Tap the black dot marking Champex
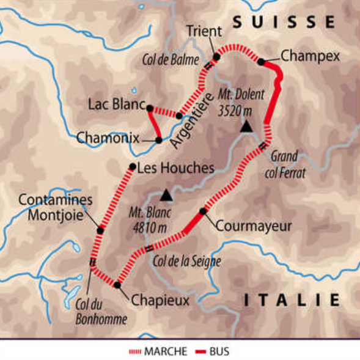click(261, 61)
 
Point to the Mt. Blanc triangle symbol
click(166, 196)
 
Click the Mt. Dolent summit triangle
click(246, 127)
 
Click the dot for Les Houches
click(132, 167)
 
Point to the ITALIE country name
click(292, 299)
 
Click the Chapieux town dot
click(117, 284)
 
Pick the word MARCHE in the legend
click(163, 351)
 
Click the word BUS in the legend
click(219, 351)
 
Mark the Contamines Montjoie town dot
click(100, 230)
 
